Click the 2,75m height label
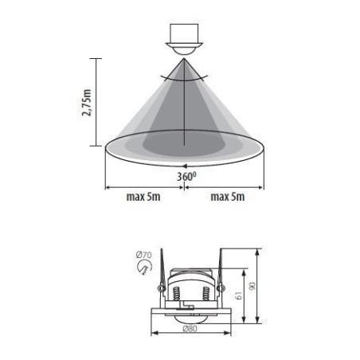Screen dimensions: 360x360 click(87, 103)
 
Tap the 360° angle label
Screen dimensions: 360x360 click(186, 176)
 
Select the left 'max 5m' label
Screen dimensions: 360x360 click(143, 197)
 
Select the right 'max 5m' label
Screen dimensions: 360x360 click(228, 197)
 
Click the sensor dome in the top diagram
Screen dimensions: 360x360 click(184, 50)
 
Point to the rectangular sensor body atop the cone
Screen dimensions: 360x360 click(184, 33)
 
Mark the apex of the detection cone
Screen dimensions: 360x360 click(184, 59)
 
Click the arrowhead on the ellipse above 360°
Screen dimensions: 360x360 click(185, 166)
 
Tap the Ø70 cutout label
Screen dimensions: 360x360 click(144, 255)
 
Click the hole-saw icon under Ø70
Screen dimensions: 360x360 click(144, 267)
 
